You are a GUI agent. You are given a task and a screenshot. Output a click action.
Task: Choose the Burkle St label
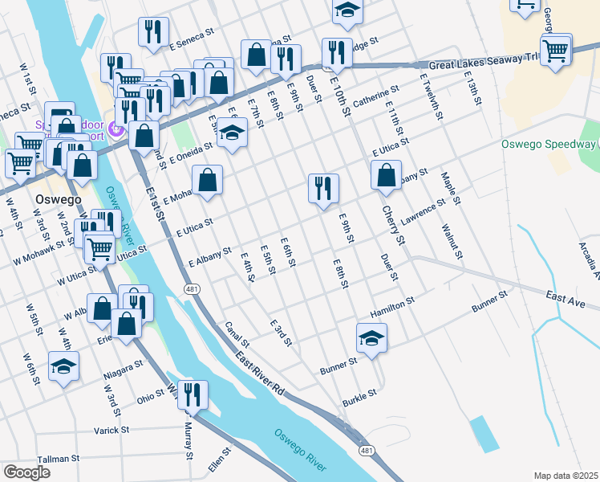360,395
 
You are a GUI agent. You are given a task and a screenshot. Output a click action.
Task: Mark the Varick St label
111,431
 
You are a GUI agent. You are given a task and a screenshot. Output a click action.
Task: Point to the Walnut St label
452,241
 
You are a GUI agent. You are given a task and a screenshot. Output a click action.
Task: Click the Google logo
26,472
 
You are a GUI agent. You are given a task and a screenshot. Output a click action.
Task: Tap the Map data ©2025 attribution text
566,475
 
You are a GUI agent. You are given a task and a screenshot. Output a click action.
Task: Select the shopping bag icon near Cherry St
387,174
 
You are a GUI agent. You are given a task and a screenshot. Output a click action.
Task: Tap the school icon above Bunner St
372,338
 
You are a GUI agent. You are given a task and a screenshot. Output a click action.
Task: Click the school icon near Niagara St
63,366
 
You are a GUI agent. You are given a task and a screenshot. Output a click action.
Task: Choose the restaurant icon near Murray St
193,394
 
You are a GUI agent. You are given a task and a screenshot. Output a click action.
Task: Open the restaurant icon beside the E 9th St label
323,189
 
